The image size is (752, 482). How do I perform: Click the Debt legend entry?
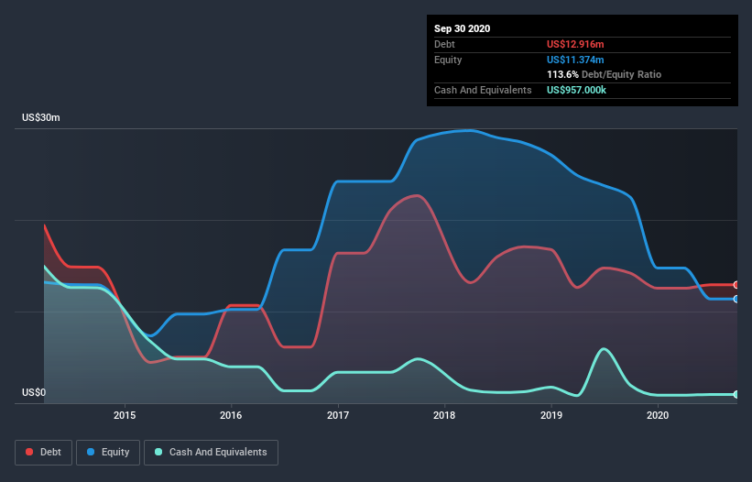[44, 452]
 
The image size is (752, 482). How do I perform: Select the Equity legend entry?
[108, 452]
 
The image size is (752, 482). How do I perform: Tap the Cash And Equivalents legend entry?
[212, 452]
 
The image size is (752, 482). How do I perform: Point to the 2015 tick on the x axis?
[125, 415]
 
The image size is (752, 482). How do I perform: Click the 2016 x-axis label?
[231, 415]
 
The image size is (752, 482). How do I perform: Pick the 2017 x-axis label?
[338, 415]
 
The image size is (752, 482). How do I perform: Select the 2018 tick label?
[444, 415]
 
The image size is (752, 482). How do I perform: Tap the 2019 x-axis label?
[551, 415]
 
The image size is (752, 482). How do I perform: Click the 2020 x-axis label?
[658, 415]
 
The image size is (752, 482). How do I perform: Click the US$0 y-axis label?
[36, 393]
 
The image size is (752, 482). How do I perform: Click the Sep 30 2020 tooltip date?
[462, 28]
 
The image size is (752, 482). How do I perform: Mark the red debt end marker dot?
[736, 285]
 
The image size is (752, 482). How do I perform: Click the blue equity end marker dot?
[736, 299]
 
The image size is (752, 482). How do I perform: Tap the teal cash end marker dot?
[736, 394]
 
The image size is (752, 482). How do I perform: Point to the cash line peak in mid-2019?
[604, 348]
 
